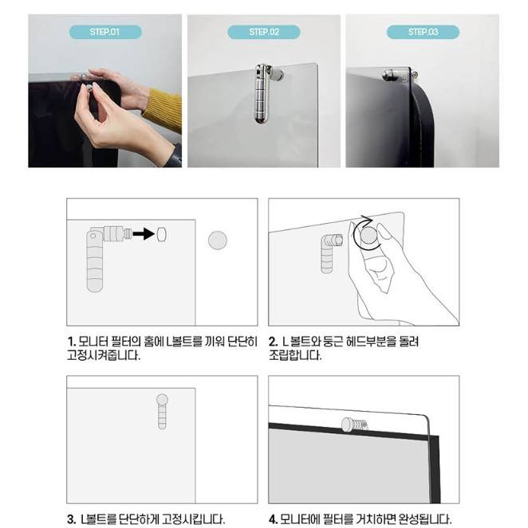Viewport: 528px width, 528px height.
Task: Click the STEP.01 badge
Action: [x=105, y=32]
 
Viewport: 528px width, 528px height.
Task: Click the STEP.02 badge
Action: [x=264, y=32]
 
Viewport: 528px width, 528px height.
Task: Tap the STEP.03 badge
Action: [x=423, y=32]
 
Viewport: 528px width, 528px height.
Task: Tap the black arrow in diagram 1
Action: [x=144, y=233]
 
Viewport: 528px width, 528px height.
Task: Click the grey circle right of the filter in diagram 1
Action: [x=218, y=240]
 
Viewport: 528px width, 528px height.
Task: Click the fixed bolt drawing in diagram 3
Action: [x=162, y=411]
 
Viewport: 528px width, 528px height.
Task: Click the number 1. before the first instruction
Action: [x=71, y=342]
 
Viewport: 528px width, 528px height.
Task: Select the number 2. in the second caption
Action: [x=274, y=342]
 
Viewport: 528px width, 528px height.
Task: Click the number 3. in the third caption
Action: [x=72, y=519]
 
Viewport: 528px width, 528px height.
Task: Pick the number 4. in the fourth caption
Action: [x=274, y=519]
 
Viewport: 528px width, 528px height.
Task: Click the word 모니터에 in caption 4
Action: [x=300, y=519]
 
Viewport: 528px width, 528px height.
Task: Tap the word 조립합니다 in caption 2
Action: [x=295, y=355]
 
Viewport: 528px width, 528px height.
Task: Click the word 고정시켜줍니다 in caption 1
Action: [x=104, y=355]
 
